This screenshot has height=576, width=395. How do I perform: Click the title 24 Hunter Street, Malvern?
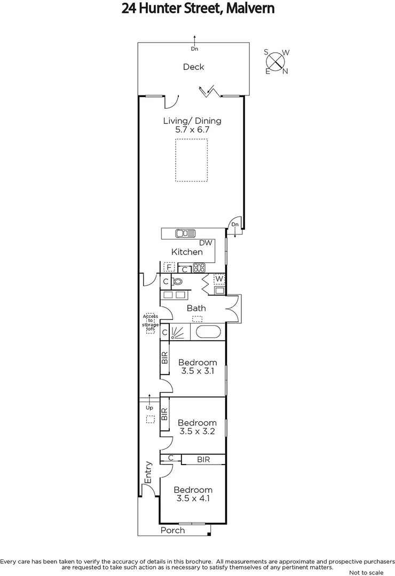[197, 9]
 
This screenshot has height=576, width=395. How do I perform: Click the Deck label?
[193, 67]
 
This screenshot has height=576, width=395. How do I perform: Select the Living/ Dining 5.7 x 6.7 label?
[192, 125]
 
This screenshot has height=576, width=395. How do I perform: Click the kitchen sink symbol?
[185, 233]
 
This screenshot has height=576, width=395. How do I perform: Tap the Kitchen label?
[187, 252]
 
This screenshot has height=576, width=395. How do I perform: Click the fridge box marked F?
[169, 268]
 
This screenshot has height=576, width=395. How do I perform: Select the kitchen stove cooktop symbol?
[199, 268]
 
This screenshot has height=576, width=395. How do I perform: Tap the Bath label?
[196, 308]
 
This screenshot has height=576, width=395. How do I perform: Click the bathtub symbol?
[208, 332]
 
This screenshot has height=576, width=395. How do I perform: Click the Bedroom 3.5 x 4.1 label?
[193, 494]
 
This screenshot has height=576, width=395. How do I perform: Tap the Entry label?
[148, 472]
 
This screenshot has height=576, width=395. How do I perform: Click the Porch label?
[172, 530]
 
